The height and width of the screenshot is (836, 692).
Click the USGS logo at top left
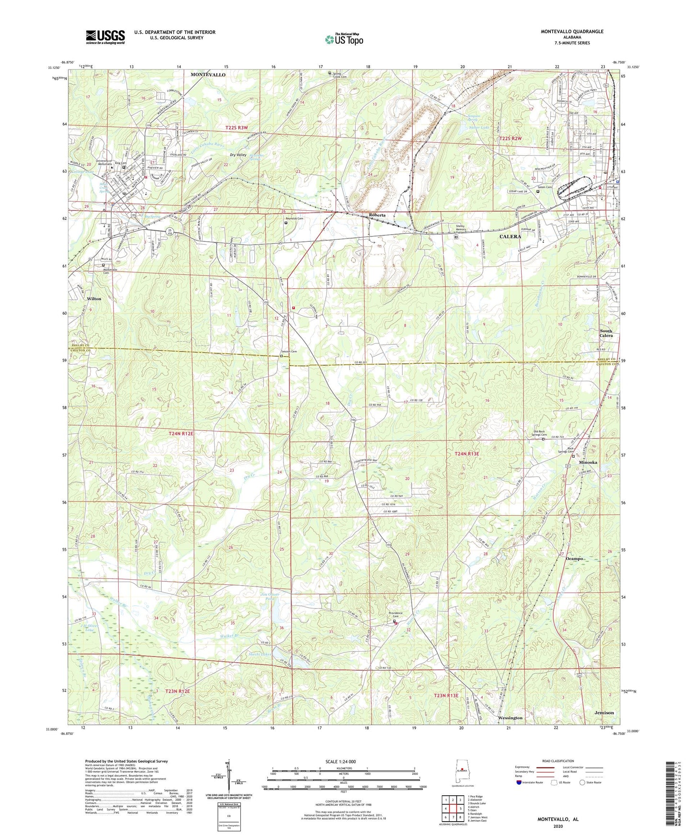pos(105,36)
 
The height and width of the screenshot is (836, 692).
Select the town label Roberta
pos(377,215)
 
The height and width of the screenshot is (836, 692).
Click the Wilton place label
pos(94,298)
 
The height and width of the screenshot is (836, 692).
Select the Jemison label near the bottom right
pos(604,712)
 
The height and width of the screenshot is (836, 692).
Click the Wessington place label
pos(510,718)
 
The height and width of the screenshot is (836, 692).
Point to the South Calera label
pos(606,333)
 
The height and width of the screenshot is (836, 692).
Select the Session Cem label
pos(288,352)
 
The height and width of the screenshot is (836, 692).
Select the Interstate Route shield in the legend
pos(520,782)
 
